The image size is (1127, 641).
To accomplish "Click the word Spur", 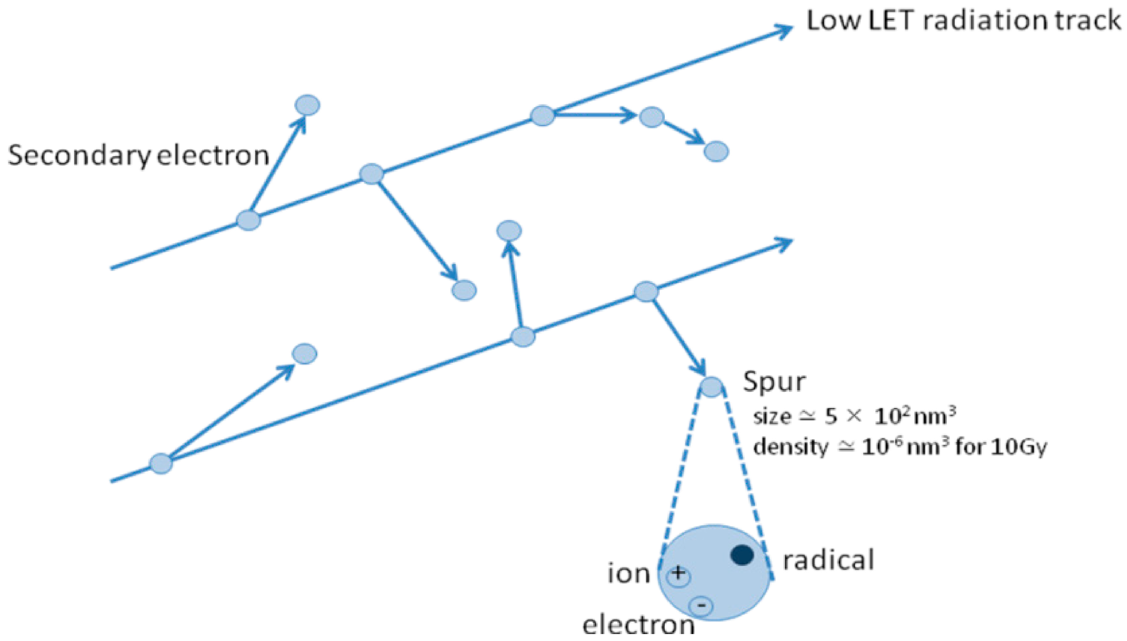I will pyautogui.click(x=774, y=382).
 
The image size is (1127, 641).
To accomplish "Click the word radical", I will pyautogui.click(x=828, y=560).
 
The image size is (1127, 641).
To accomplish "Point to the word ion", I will pyautogui.click(x=629, y=574).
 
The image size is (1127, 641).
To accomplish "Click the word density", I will pyautogui.click(x=791, y=447).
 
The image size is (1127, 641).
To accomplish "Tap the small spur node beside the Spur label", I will pyautogui.click(x=711, y=387).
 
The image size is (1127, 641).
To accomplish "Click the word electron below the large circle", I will pyautogui.click(x=638, y=625).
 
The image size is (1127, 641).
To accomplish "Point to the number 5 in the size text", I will pyautogui.click(x=831, y=417).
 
